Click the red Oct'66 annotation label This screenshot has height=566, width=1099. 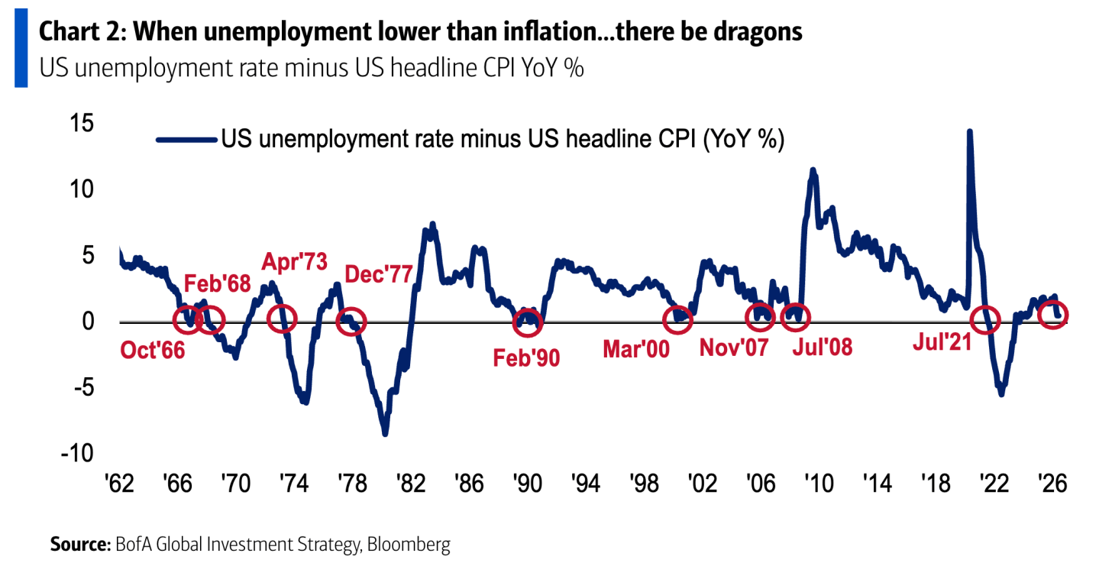click(x=153, y=351)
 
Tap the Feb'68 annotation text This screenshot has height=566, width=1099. click(x=218, y=283)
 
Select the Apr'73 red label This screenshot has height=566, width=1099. click(x=294, y=262)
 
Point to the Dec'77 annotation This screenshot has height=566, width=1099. click(x=378, y=274)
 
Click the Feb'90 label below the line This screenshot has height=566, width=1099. click(x=526, y=358)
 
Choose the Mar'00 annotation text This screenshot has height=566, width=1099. click(x=636, y=349)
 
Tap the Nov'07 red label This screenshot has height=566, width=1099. click(x=734, y=348)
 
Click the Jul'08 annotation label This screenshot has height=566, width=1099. click(x=823, y=347)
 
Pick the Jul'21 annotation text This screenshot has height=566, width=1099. click(x=942, y=341)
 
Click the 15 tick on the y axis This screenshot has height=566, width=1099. click(x=82, y=123)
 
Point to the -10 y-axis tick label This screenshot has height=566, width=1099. click(x=77, y=453)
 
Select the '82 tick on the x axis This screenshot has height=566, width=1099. click(x=411, y=484)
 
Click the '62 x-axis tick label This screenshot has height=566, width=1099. click(x=119, y=484)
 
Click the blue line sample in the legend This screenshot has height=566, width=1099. click(x=186, y=140)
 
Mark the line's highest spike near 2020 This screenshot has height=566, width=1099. click(x=969, y=131)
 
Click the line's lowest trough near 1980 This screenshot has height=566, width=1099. click(x=385, y=434)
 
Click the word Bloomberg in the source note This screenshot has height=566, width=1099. click(x=408, y=545)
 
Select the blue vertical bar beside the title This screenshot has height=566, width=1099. click(x=21, y=48)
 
